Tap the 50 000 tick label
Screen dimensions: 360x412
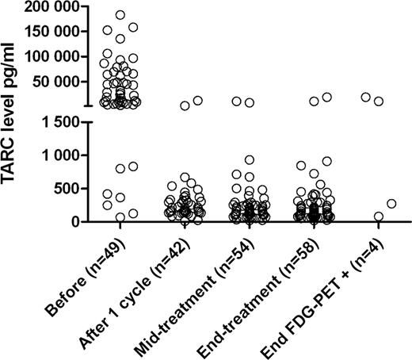click(59, 82)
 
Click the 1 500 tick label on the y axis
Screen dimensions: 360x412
click(65, 122)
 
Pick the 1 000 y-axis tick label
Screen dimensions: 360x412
click(65, 155)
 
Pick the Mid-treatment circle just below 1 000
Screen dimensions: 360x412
click(250, 160)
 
